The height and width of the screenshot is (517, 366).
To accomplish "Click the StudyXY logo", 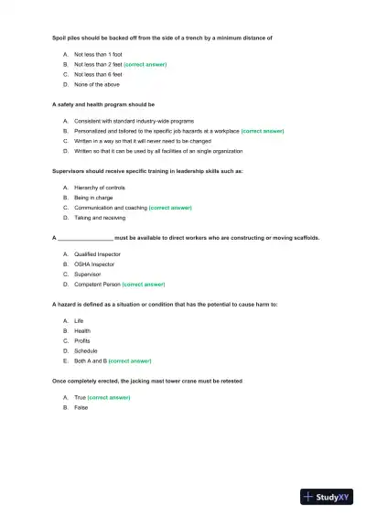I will (x=327, y=497).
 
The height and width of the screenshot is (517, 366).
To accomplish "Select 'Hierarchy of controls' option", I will (x=99, y=188).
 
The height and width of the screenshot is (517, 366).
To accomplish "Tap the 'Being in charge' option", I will (x=94, y=198).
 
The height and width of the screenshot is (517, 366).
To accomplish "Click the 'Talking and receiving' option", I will (x=100, y=218).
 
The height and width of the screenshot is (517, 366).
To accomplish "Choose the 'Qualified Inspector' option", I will (x=97, y=254).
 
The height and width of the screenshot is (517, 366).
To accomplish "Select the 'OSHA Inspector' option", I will (x=94, y=264).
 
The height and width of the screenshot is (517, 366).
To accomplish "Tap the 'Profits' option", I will (x=82, y=340).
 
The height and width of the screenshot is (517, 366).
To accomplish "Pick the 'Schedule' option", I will (x=85, y=350).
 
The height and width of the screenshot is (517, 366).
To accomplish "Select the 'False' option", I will (x=81, y=407).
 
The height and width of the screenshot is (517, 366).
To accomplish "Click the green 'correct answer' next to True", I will (x=109, y=398).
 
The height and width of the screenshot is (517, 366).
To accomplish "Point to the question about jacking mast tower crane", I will (x=146, y=380).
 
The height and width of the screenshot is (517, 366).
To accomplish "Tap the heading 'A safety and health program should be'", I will (x=103, y=104).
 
